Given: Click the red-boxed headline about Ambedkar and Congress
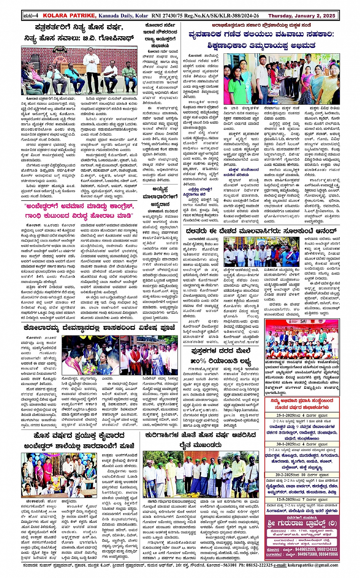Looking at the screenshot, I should [79, 211].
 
